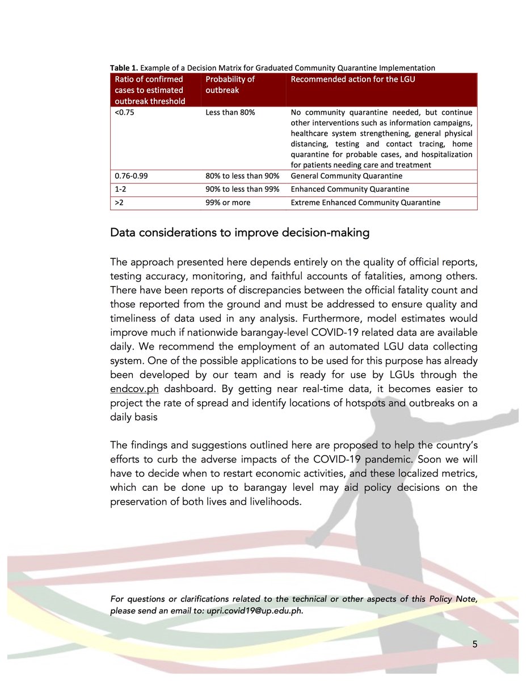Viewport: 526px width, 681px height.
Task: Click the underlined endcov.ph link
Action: [x=135, y=390]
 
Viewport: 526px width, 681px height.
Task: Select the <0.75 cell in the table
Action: [x=122, y=112]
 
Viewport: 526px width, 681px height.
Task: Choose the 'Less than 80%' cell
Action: [x=230, y=112]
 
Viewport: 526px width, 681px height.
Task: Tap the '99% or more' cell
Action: [x=228, y=203]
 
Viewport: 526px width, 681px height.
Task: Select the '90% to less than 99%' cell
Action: [x=242, y=190]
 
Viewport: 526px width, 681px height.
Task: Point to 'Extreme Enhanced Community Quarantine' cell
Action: [x=365, y=203]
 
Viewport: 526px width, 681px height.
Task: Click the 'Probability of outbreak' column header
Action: [x=230, y=85]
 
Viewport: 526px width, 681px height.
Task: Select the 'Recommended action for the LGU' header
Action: [x=352, y=79]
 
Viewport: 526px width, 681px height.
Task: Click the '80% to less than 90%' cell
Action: [x=242, y=176]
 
